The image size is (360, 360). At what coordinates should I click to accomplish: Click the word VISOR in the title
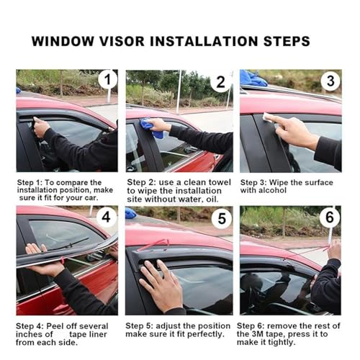click(122, 41)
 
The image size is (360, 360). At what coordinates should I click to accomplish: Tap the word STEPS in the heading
click(287, 41)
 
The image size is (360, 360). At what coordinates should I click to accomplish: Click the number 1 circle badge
click(108, 79)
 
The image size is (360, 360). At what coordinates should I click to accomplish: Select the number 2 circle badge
click(220, 82)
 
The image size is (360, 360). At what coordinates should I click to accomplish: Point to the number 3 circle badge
click(330, 81)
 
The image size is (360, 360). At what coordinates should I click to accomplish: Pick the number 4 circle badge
click(106, 217)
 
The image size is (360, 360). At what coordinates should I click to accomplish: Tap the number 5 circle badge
click(222, 218)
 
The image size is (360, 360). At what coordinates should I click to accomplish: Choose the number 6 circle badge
click(330, 217)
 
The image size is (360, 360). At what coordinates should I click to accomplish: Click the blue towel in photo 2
click(150, 127)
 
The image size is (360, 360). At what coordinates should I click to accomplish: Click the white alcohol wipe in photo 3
click(269, 117)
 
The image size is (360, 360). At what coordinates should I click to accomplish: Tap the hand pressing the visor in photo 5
click(161, 283)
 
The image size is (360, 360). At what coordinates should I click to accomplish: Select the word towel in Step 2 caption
click(220, 182)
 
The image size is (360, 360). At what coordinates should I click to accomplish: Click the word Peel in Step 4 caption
click(55, 326)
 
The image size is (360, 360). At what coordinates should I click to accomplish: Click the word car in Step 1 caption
click(91, 198)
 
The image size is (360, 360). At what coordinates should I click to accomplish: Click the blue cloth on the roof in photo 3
click(253, 78)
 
